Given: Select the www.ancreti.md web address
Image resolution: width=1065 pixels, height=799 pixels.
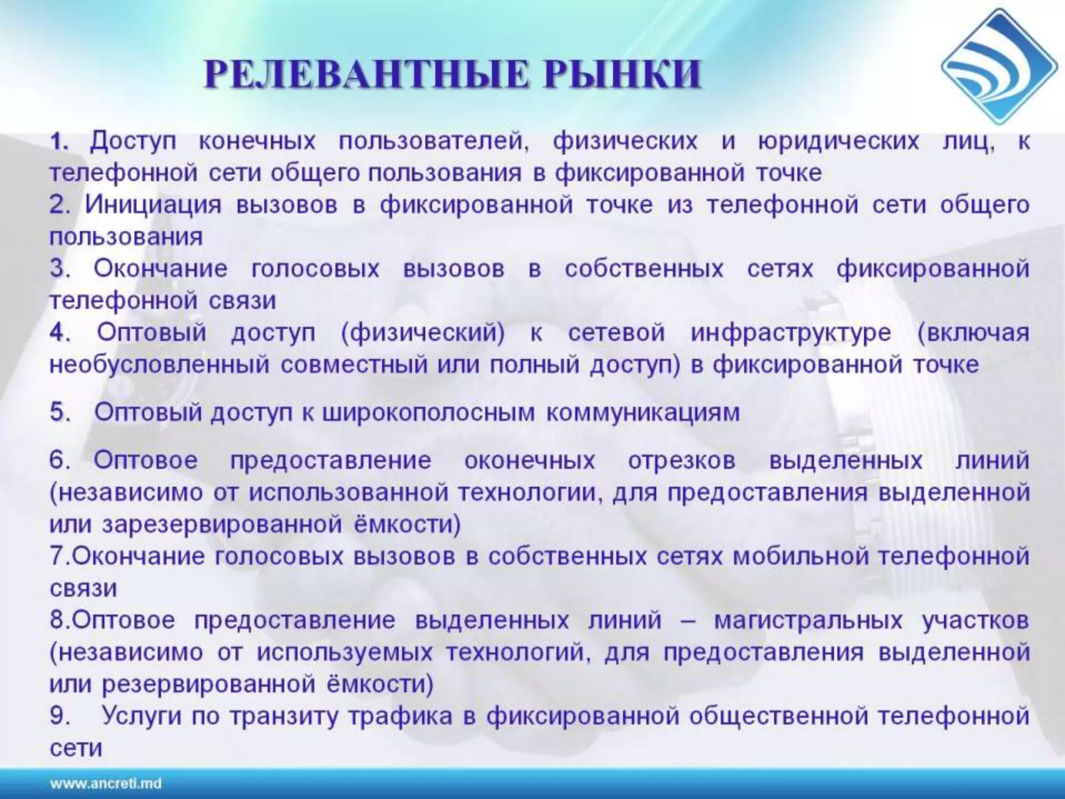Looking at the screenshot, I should point(106,783).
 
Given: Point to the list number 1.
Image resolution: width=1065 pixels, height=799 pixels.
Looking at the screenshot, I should point(60,141).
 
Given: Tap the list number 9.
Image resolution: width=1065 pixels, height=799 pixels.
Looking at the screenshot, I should point(60,716).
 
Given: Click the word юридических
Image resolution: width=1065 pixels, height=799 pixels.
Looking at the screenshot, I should point(838,141).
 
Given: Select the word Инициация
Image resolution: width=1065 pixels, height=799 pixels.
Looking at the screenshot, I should point(153,205).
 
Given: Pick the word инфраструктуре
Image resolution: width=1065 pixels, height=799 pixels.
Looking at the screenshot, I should point(790,333).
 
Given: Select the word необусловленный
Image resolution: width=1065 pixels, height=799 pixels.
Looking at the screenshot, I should point(160,365).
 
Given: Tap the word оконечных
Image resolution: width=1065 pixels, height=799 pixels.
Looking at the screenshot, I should point(529,461).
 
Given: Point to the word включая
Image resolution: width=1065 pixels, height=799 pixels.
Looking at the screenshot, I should point(973,333).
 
